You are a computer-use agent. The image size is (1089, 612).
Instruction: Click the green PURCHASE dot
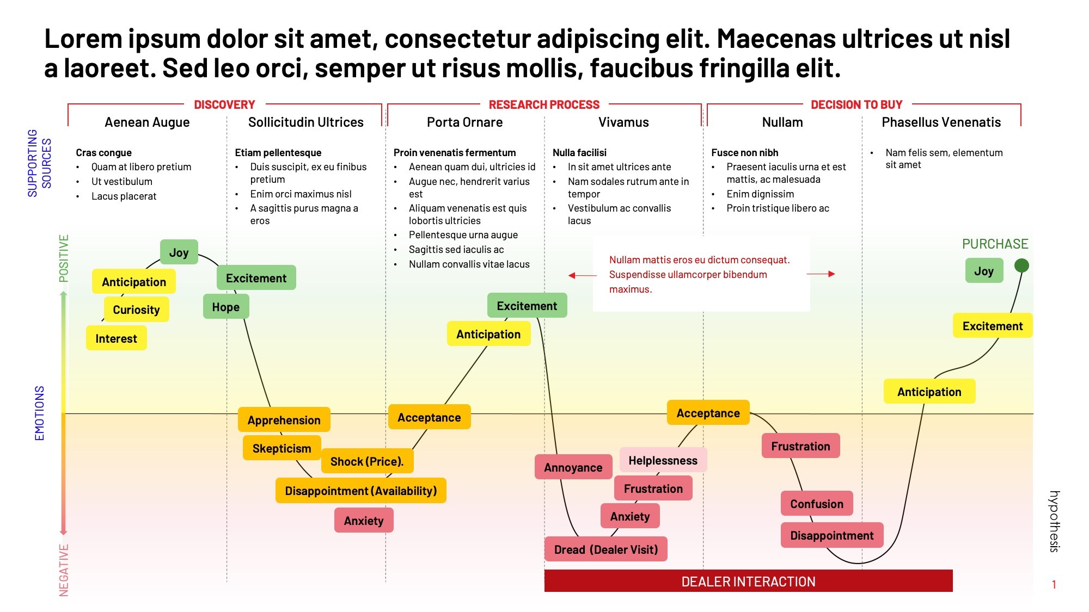[x=1021, y=265]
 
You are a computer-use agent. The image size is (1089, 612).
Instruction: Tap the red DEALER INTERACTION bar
[x=748, y=581]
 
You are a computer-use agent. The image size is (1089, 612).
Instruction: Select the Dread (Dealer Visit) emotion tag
[x=605, y=549]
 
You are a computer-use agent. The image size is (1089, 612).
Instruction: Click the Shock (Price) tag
[x=367, y=461]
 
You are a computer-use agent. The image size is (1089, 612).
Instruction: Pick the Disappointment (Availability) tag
[x=360, y=491]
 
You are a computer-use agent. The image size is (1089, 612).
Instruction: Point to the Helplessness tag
[x=663, y=460]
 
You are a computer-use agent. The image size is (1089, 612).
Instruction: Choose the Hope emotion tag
[x=226, y=307]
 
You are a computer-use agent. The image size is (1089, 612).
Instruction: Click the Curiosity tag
[x=136, y=310]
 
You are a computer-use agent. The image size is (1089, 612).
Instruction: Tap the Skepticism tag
[x=282, y=448]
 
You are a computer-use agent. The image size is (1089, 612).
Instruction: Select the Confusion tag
[x=817, y=504]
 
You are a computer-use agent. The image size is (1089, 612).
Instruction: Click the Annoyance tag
[x=573, y=467]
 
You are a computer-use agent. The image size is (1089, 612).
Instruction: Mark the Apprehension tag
[x=284, y=420]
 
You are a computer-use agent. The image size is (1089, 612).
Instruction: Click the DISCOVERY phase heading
[x=224, y=104]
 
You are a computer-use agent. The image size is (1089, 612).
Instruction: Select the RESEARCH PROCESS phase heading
[x=543, y=104]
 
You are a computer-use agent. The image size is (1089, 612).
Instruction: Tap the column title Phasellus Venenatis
[x=941, y=122]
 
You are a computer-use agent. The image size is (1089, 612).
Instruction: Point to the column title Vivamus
[x=623, y=122]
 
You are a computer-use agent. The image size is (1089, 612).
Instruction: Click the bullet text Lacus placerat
[x=124, y=196]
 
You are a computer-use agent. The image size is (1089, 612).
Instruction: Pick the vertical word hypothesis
[x=1054, y=521]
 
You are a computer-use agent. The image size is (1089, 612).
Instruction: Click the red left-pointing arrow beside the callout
[x=582, y=275]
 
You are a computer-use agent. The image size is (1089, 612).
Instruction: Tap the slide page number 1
[x=1054, y=585]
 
